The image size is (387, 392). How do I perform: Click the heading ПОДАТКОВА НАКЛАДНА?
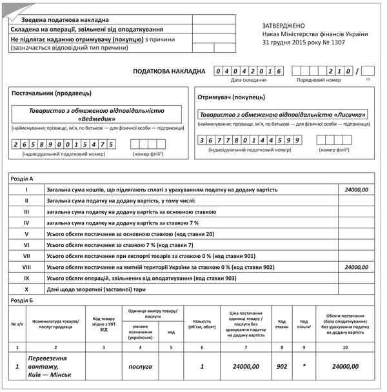click(168, 71)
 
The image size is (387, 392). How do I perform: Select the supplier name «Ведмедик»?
click(97, 119)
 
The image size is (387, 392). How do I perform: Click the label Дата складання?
click(248, 80)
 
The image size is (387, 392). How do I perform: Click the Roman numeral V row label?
click(26, 233)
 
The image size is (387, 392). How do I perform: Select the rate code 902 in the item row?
click(282, 366)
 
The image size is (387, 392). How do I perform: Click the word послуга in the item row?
click(140, 366)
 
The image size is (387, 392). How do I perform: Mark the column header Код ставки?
click(282, 324)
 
